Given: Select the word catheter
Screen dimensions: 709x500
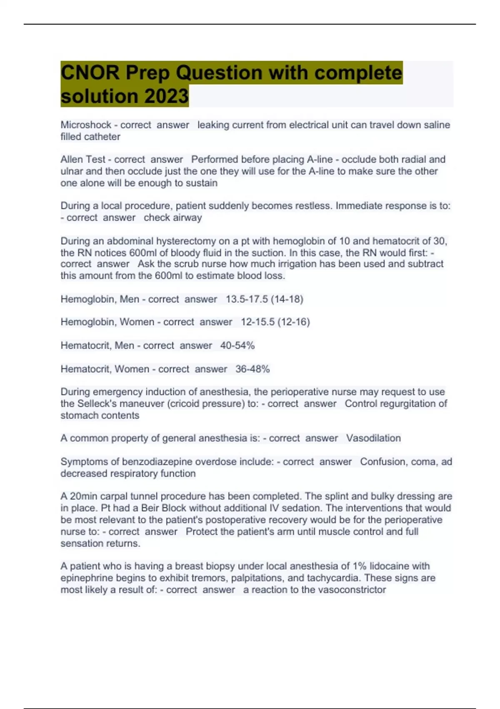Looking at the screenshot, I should pos(102,137).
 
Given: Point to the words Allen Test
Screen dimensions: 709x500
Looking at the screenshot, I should pos(83,159).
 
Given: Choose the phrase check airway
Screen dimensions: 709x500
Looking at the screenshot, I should pos(172,218).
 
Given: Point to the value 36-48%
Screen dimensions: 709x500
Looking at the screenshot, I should pos(252,369).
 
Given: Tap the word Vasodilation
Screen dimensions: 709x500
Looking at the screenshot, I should pos(373,438).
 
